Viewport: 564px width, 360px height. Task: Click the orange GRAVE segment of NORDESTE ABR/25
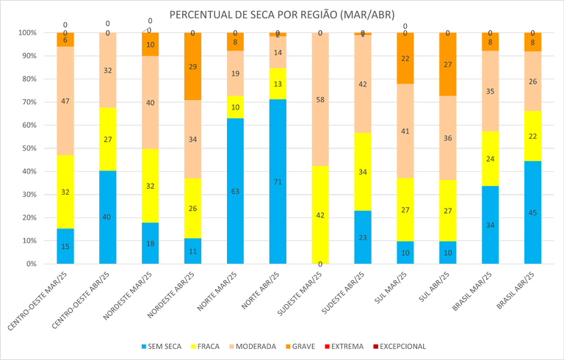[192, 66]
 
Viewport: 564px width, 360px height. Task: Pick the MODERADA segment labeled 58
[320, 99]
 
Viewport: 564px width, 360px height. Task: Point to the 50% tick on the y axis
[27, 148]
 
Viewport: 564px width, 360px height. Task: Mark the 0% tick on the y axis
[29, 264]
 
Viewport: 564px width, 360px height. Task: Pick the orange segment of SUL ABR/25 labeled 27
[448, 64]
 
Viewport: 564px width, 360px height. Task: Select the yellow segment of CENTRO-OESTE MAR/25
[65, 192]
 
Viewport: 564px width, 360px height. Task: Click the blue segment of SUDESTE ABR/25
[363, 237]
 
